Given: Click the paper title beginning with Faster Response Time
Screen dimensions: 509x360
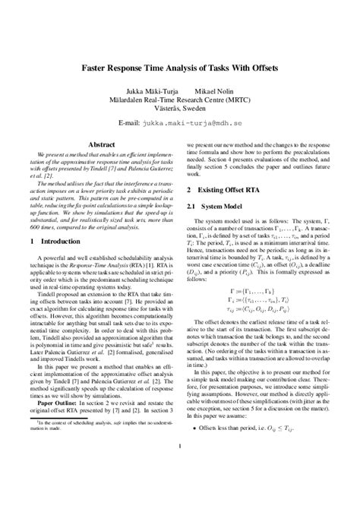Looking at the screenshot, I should coord(178,67).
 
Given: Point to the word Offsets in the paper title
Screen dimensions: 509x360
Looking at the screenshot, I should coord(275,67).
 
